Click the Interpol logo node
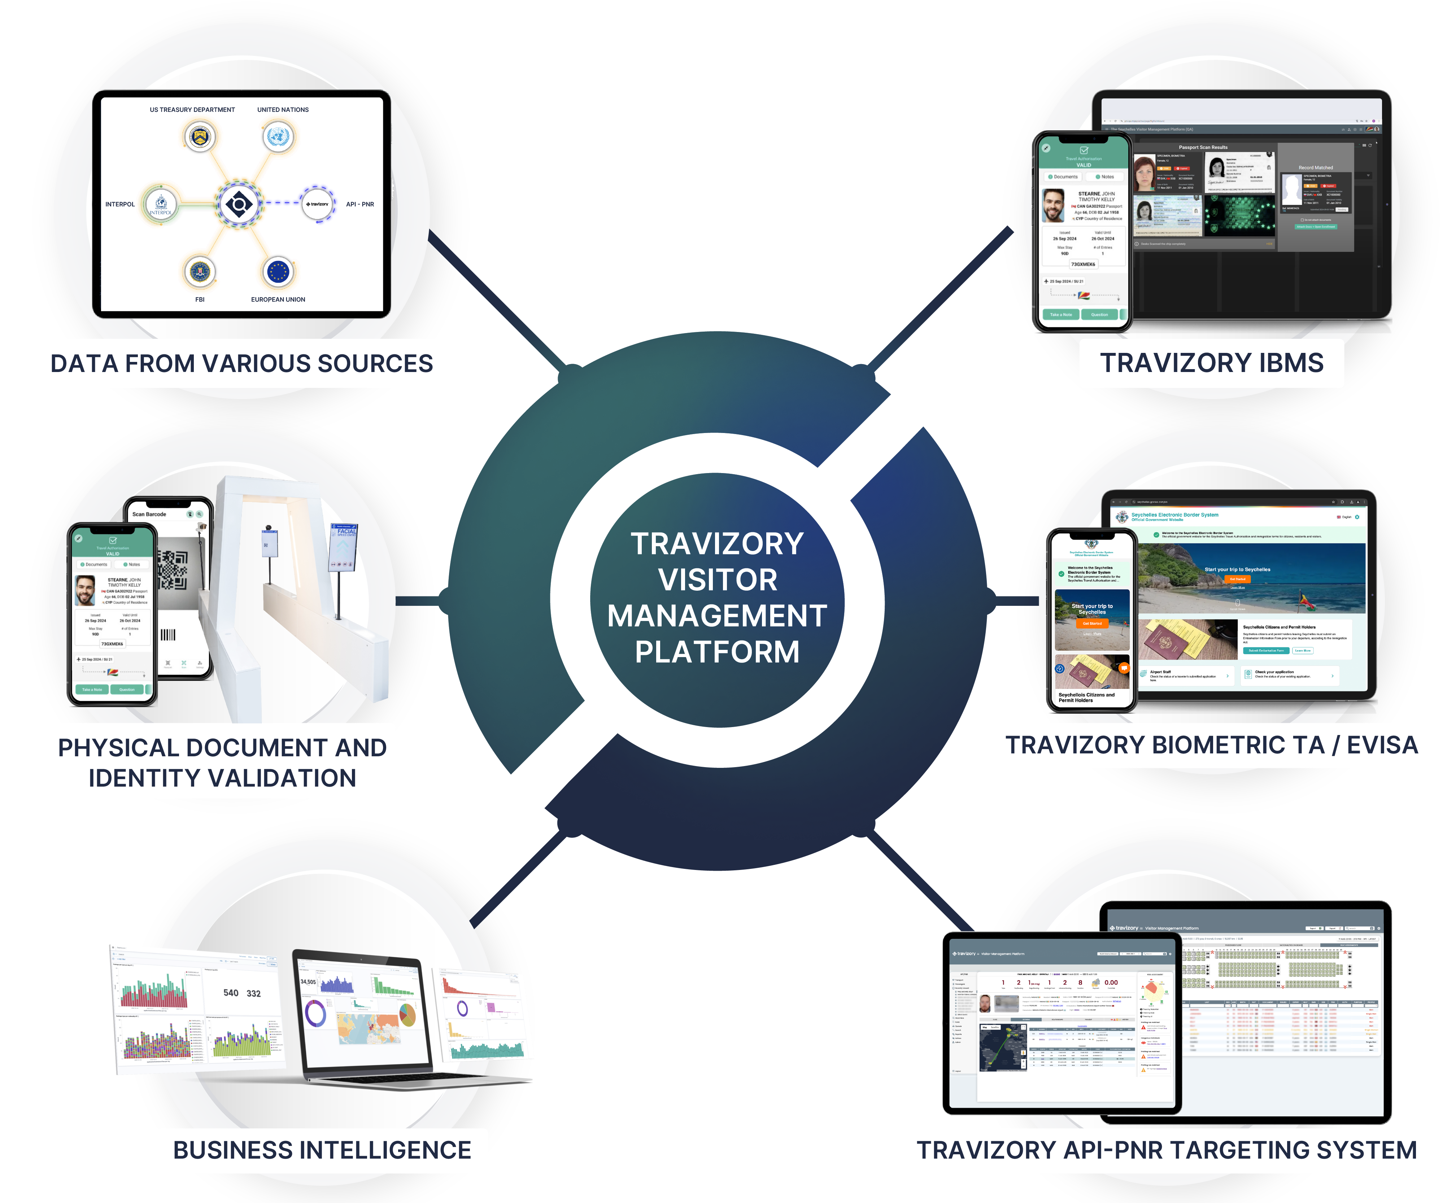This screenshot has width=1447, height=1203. [161, 205]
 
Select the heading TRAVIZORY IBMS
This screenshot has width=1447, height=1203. [1211, 363]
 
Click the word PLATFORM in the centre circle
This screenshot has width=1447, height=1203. [717, 652]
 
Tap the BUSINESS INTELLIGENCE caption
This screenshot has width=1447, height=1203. [322, 1150]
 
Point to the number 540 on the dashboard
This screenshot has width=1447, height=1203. [231, 993]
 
